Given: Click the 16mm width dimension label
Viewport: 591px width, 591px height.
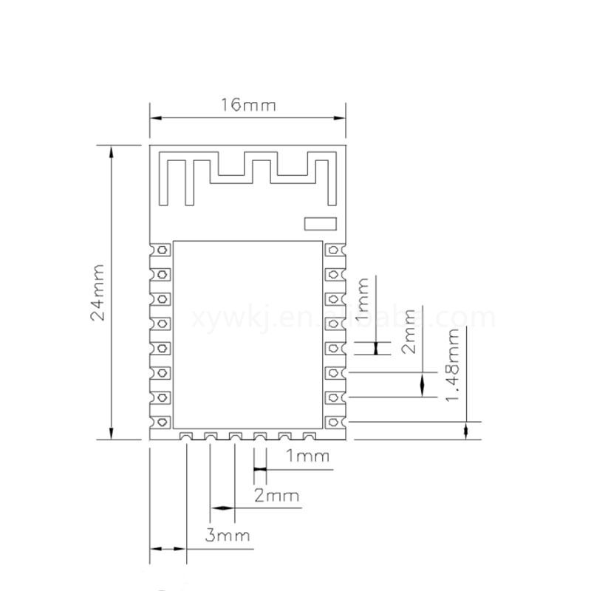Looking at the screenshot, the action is tap(248, 106).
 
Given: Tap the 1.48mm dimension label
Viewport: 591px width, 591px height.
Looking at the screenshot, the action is tap(454, 366).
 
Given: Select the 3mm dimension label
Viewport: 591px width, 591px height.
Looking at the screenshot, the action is tap(228, 536).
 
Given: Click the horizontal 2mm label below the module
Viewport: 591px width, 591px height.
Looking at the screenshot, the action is tap(276, 495).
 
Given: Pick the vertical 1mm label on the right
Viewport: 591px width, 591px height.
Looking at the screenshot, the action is tap(363, 301).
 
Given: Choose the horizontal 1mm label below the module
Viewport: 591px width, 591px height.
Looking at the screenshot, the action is tap(307, 456).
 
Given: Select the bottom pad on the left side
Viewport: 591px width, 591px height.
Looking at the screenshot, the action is tap(160, 422).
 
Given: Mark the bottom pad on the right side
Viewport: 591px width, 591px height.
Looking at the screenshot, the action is tap(335, 422).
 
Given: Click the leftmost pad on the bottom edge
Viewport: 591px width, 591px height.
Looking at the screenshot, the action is tap(186, 437).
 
